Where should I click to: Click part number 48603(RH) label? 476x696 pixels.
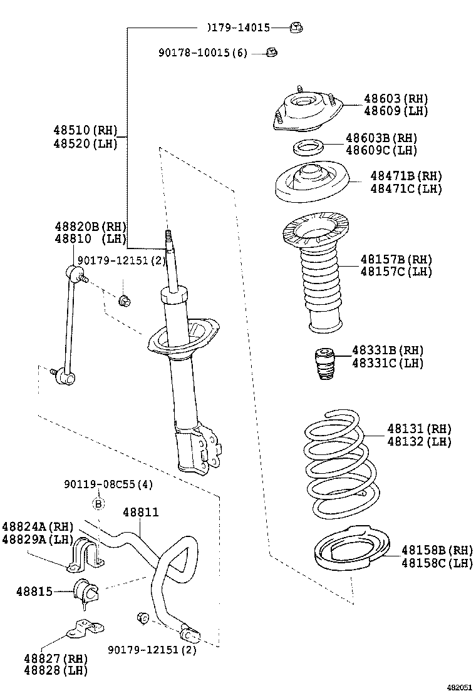click(395, 99)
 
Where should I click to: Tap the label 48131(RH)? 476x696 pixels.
click(418, 429)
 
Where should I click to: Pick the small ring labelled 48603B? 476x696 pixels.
click(308, 148)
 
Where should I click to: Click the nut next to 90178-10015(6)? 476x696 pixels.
click(271, 53)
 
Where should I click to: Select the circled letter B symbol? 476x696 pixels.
click(98, 503)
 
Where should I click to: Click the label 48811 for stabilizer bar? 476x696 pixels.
click(140, 512)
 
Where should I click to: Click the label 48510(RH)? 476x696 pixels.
click(85, 131)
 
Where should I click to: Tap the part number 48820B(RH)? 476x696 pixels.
click(90, 227)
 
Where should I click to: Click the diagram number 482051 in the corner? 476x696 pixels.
click(458, 687)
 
